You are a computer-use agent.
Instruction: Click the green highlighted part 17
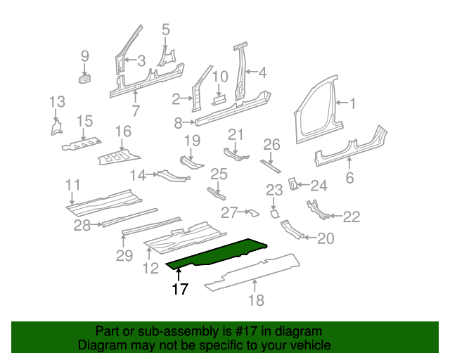(x=218, y=254)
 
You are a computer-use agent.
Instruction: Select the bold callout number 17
(x=180, y=289)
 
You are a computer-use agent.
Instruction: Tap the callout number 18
(x=256, y=300)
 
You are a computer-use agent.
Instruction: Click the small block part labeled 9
(x=85, y=77)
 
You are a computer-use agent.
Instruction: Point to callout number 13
(x=56, y=103)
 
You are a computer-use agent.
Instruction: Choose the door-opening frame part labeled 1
(x=316, y=105)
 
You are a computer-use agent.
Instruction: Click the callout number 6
(x=349, y=178)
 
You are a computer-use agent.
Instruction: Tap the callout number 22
(x=351, y=216)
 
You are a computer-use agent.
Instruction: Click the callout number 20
(x=325, y=239)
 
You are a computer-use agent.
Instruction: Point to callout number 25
(x=219, y=174)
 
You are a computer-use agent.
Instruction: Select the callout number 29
(x=124, y=256)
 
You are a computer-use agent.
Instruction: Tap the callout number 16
(x=123, y=131)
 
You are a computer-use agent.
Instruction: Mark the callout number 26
(x=271, y=145)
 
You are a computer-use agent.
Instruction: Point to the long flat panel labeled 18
(x=253, y=271)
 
